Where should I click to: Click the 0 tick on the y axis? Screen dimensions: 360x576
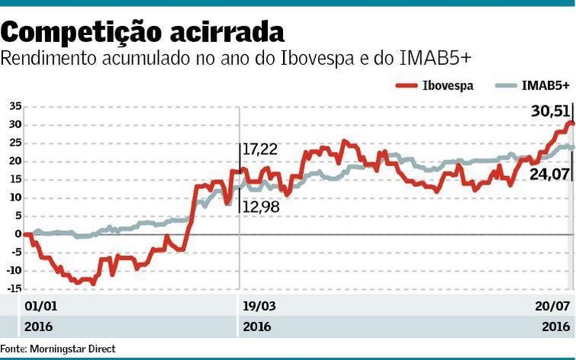pos(18,233)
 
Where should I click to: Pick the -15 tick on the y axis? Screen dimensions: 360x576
pos(13,288)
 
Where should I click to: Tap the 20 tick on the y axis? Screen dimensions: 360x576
pos(14,161)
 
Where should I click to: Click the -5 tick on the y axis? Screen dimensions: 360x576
pos(15,252)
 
